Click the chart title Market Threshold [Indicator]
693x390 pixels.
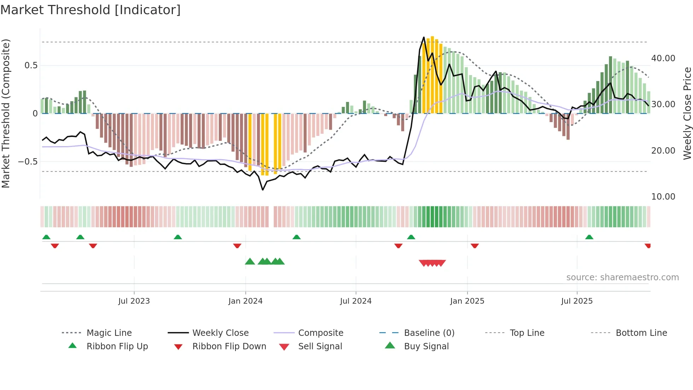click(x=91, y=10)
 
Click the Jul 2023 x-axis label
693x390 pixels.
click(x=134, y=301)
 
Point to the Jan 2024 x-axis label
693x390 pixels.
click(x=245, y=301)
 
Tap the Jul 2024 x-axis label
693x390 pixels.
click(x=356, y=301)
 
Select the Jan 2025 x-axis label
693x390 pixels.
click(x=467, y=301)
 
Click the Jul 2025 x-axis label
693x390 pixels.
click(x=577, y=301)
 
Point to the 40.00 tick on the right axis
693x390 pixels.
click(x=663, y=58)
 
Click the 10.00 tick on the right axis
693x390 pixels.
click(x=663, y=197)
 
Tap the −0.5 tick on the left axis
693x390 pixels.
click(x=28, y=162)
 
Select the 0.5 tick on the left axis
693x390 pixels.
click(x=31, y=65)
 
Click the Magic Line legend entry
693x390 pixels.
click(x=109, y=333)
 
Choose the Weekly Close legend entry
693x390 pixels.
click(x=220, y=333)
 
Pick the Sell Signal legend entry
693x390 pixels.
click(x=320, y=346)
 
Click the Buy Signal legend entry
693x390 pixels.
click(x=426, y=346)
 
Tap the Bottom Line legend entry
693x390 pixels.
click(x=641, y=333)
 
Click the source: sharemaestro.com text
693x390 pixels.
click(x=622, y=277)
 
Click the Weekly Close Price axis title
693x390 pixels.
click(x=687, y=113)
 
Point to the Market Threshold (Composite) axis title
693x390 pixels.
click(x=6, y=113)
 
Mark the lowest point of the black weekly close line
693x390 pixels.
click(x=263, y=190)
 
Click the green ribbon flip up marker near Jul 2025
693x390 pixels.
click(x=589, y=237)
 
